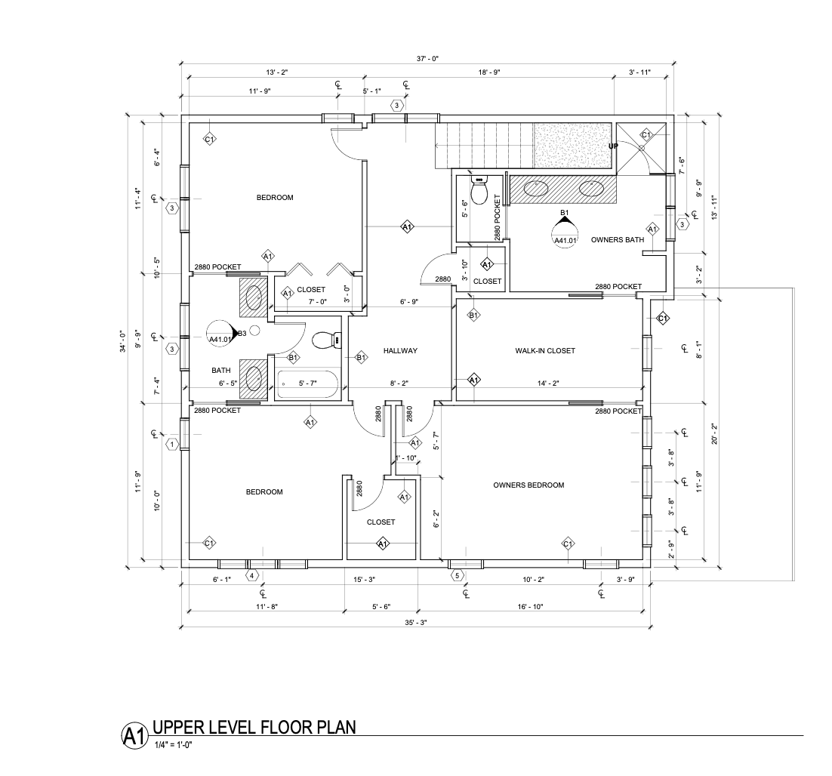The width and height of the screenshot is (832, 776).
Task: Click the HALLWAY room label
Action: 400,350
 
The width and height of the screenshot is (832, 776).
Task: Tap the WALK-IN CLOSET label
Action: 545,350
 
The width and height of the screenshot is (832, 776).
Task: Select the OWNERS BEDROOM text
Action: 528,485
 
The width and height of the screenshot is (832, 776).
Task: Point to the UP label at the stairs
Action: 613,146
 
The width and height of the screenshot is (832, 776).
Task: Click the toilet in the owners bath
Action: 479,192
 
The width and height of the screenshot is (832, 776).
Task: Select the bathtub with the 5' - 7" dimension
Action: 308,383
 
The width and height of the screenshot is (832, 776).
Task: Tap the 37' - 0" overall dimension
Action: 427,59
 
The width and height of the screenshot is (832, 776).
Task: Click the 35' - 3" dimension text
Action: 415,622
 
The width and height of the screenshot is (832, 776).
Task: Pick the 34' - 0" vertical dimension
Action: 123,342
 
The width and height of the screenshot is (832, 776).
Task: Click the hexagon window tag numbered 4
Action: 252,575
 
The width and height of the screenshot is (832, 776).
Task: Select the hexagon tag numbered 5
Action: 457,575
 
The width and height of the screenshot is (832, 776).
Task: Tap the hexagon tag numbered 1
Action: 172,444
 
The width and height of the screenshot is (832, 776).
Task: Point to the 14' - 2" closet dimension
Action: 548,383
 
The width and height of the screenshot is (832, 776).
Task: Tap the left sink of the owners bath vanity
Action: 537,187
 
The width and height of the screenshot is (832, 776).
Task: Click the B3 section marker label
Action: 242,333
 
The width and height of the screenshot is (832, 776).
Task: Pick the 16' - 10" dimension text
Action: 532,606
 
